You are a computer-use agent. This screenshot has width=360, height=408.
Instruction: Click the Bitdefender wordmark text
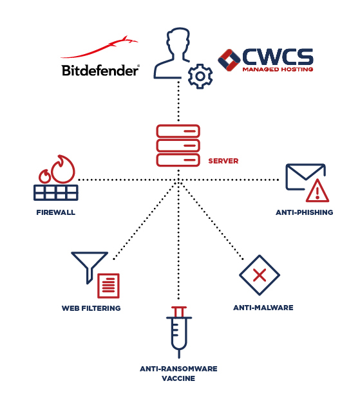point(100,70)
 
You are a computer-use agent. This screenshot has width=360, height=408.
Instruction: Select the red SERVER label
point(223,160)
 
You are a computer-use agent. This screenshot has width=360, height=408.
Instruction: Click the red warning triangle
point(317,190)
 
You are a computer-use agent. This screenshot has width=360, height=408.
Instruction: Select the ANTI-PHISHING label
point(304,212)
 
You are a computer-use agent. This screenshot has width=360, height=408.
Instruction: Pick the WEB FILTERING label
point(91,308)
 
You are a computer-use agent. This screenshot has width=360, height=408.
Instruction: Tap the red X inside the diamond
point(260,276)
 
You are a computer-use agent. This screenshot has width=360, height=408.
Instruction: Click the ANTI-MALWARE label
point(263,308)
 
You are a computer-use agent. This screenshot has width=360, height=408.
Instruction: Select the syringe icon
point(178,333)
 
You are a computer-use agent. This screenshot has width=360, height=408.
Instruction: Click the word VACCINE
point(178,379)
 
